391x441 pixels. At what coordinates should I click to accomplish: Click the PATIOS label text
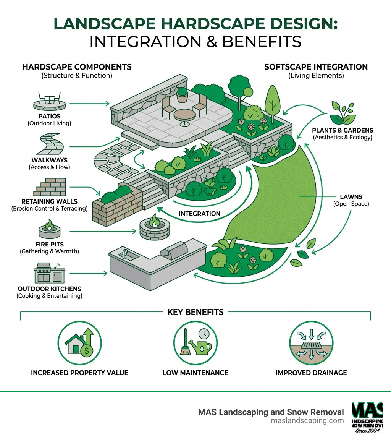click(49, 116)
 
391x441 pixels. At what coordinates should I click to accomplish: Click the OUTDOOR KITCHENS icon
click(49, 272)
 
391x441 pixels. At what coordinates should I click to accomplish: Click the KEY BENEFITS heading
click(195, 312)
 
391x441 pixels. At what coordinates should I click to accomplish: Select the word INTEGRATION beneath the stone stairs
click(199, 214)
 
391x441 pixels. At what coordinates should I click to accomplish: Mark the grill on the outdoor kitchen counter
click(174, 252)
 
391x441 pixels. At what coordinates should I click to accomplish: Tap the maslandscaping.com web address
click(307, 421)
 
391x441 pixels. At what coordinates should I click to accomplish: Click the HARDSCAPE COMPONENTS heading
click(77, 67)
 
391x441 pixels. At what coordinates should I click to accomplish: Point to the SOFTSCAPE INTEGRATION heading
click(316, 67)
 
